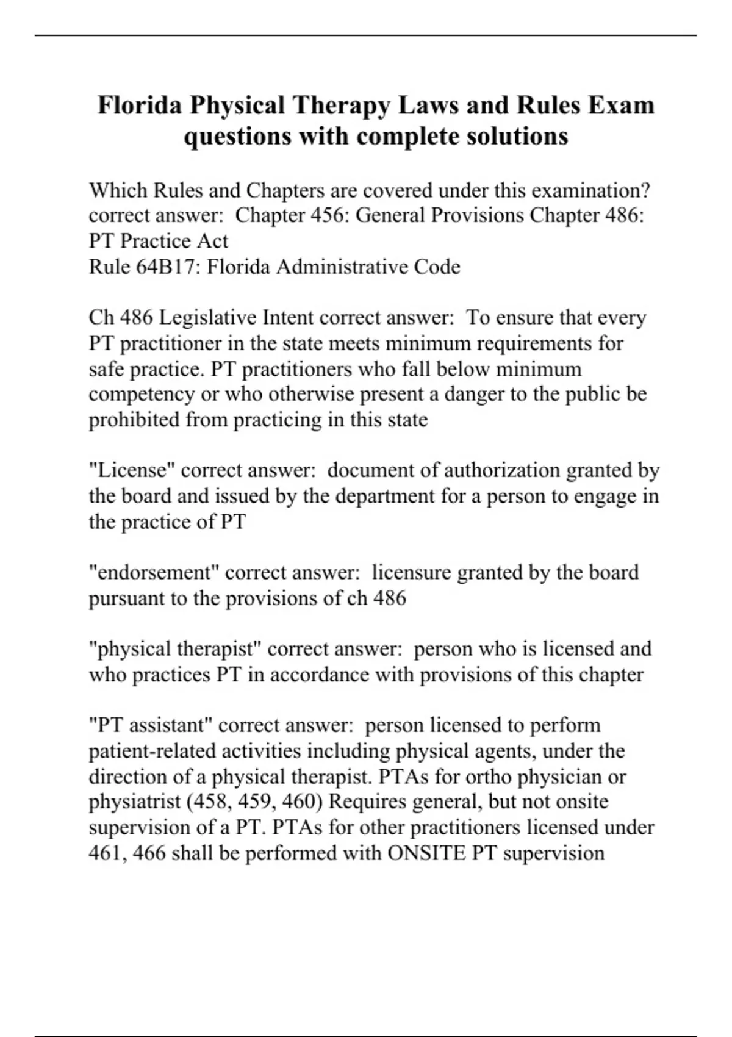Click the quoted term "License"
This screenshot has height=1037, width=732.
point(132,470)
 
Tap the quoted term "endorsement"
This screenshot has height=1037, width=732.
point(154,572)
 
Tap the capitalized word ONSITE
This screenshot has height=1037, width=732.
point(427,853)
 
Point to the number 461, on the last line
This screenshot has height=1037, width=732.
point(107,853)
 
